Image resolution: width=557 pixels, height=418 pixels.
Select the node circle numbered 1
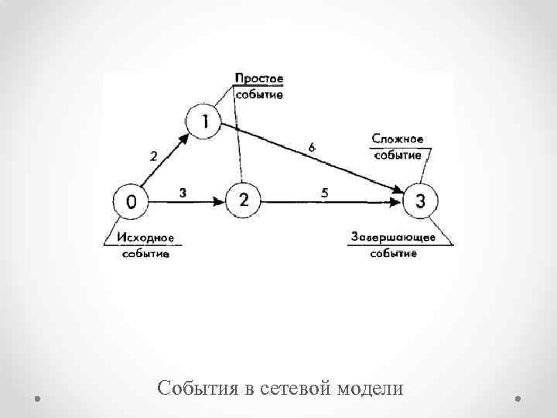[205, 121]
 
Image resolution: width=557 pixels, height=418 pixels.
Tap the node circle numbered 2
[244, 201]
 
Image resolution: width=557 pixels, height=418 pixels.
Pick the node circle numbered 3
[420, 201]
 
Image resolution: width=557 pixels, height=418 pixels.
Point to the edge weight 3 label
[182, 193]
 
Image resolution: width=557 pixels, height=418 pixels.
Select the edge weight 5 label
[325, 193]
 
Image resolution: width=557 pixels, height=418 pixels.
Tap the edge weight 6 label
[311, 146]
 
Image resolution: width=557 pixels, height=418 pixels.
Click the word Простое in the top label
[259, 78]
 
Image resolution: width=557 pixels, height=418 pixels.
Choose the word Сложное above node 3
[397, 139]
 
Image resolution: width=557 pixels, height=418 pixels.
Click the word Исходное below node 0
[146, 238]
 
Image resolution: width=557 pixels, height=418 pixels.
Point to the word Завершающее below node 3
[393, 237]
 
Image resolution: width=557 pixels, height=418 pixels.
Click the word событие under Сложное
[398, 155]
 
